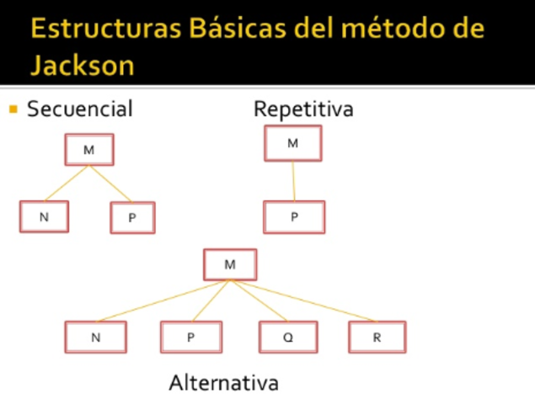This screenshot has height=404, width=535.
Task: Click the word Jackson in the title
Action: pos(83,65)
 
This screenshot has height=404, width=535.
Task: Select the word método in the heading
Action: pos(391,29)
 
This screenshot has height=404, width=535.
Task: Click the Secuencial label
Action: pos(80,109)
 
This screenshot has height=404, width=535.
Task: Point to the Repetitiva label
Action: pos(303,109)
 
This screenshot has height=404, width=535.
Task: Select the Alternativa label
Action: pos(223,383)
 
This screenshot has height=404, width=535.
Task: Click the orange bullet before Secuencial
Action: pos(13,109)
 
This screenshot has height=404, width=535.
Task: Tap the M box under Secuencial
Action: pos(88,150)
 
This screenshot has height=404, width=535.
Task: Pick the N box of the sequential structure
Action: pos(44,217)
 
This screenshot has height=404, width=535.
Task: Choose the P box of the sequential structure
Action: pos(132,218)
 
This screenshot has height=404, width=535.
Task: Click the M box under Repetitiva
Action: pos(292,143)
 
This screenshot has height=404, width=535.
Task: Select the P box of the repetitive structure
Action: pos(293,216)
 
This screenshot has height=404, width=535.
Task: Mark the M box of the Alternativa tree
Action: pos(230,264)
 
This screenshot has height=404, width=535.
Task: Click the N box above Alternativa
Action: pos(95,337)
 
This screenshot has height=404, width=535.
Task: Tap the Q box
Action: pos(288,337)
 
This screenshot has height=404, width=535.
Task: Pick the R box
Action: pos(377,337)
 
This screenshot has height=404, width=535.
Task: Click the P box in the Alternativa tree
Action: pos(191,337)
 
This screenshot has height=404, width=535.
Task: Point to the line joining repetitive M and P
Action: pos(293,180)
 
